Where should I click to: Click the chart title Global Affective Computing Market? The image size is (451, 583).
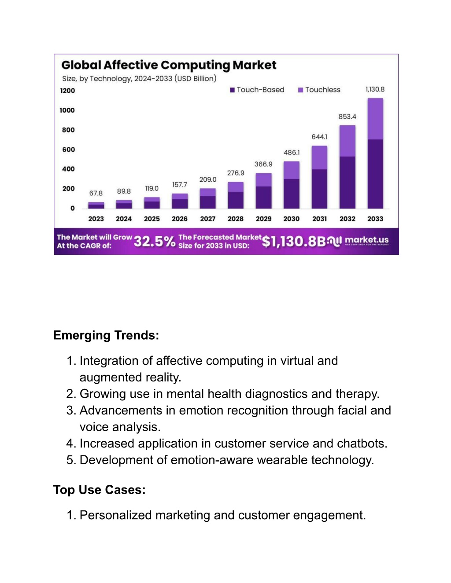[x=169, y=65]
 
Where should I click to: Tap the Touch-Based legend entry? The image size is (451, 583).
[x=257, y=90]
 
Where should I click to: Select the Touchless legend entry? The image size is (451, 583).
[x=319, y=90]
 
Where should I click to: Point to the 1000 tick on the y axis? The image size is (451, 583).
[x=67, y=110]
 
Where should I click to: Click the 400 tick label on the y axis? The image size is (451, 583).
[x=68, y=169]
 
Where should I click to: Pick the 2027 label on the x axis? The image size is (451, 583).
[x=207, y=219]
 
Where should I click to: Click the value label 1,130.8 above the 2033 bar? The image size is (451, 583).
[x=375, y=89]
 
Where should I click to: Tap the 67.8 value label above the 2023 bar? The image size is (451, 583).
[x=96, y=193]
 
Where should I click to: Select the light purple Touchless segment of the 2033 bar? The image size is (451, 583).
[x=375, y=119]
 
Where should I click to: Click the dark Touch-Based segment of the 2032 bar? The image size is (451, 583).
[x=347, y=183]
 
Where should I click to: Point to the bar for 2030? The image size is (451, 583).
[x=292, y=185]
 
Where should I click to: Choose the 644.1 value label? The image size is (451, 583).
[x=319, y=137]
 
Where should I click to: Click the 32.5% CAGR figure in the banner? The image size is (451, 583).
[x=155, y=241]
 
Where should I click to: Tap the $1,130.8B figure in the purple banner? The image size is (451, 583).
[x=294, y=241]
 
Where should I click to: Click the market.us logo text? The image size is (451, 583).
[x=367, y=240]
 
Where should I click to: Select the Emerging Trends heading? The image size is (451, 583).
[x=106, y=335]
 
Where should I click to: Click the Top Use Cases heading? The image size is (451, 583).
[x=100, y=490]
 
